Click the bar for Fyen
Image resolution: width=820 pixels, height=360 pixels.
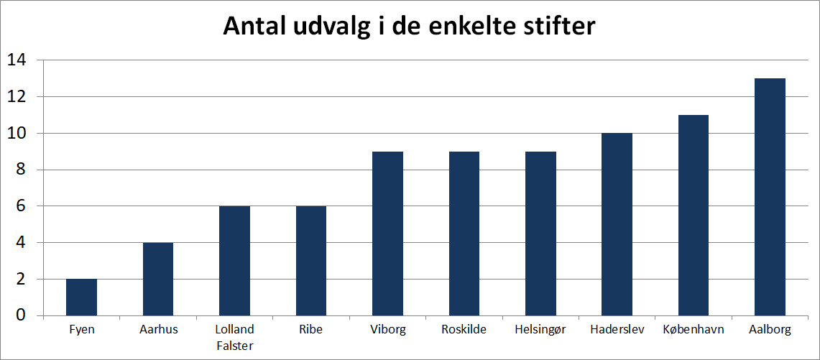coord(81,297)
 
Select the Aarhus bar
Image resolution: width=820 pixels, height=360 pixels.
coord(158,279)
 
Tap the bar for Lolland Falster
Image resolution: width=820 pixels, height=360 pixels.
coord(234,261)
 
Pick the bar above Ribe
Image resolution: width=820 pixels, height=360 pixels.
coord(311,261)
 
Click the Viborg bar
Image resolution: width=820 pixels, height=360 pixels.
coord(387,234)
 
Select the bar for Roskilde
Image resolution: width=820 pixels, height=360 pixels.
coord(464,234)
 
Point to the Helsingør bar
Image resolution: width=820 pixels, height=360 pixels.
coord(540,234)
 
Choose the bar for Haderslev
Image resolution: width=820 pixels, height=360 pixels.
coord(617,224)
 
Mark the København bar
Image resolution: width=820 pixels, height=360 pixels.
coord(694,215)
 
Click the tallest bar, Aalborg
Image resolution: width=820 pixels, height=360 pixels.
coord(770,197)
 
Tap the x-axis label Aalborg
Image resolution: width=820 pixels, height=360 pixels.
coord(770,330)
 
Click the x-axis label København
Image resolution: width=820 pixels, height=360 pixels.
coord(694,330)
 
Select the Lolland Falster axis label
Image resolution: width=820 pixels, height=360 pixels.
coord(234,337)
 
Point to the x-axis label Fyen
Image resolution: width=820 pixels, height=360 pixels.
coord(81,330)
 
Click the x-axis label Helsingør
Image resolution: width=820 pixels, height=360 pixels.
coord(540,330)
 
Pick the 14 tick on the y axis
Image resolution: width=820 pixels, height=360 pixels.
coord(16,60)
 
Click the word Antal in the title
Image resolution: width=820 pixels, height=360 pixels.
coord(256,26)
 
